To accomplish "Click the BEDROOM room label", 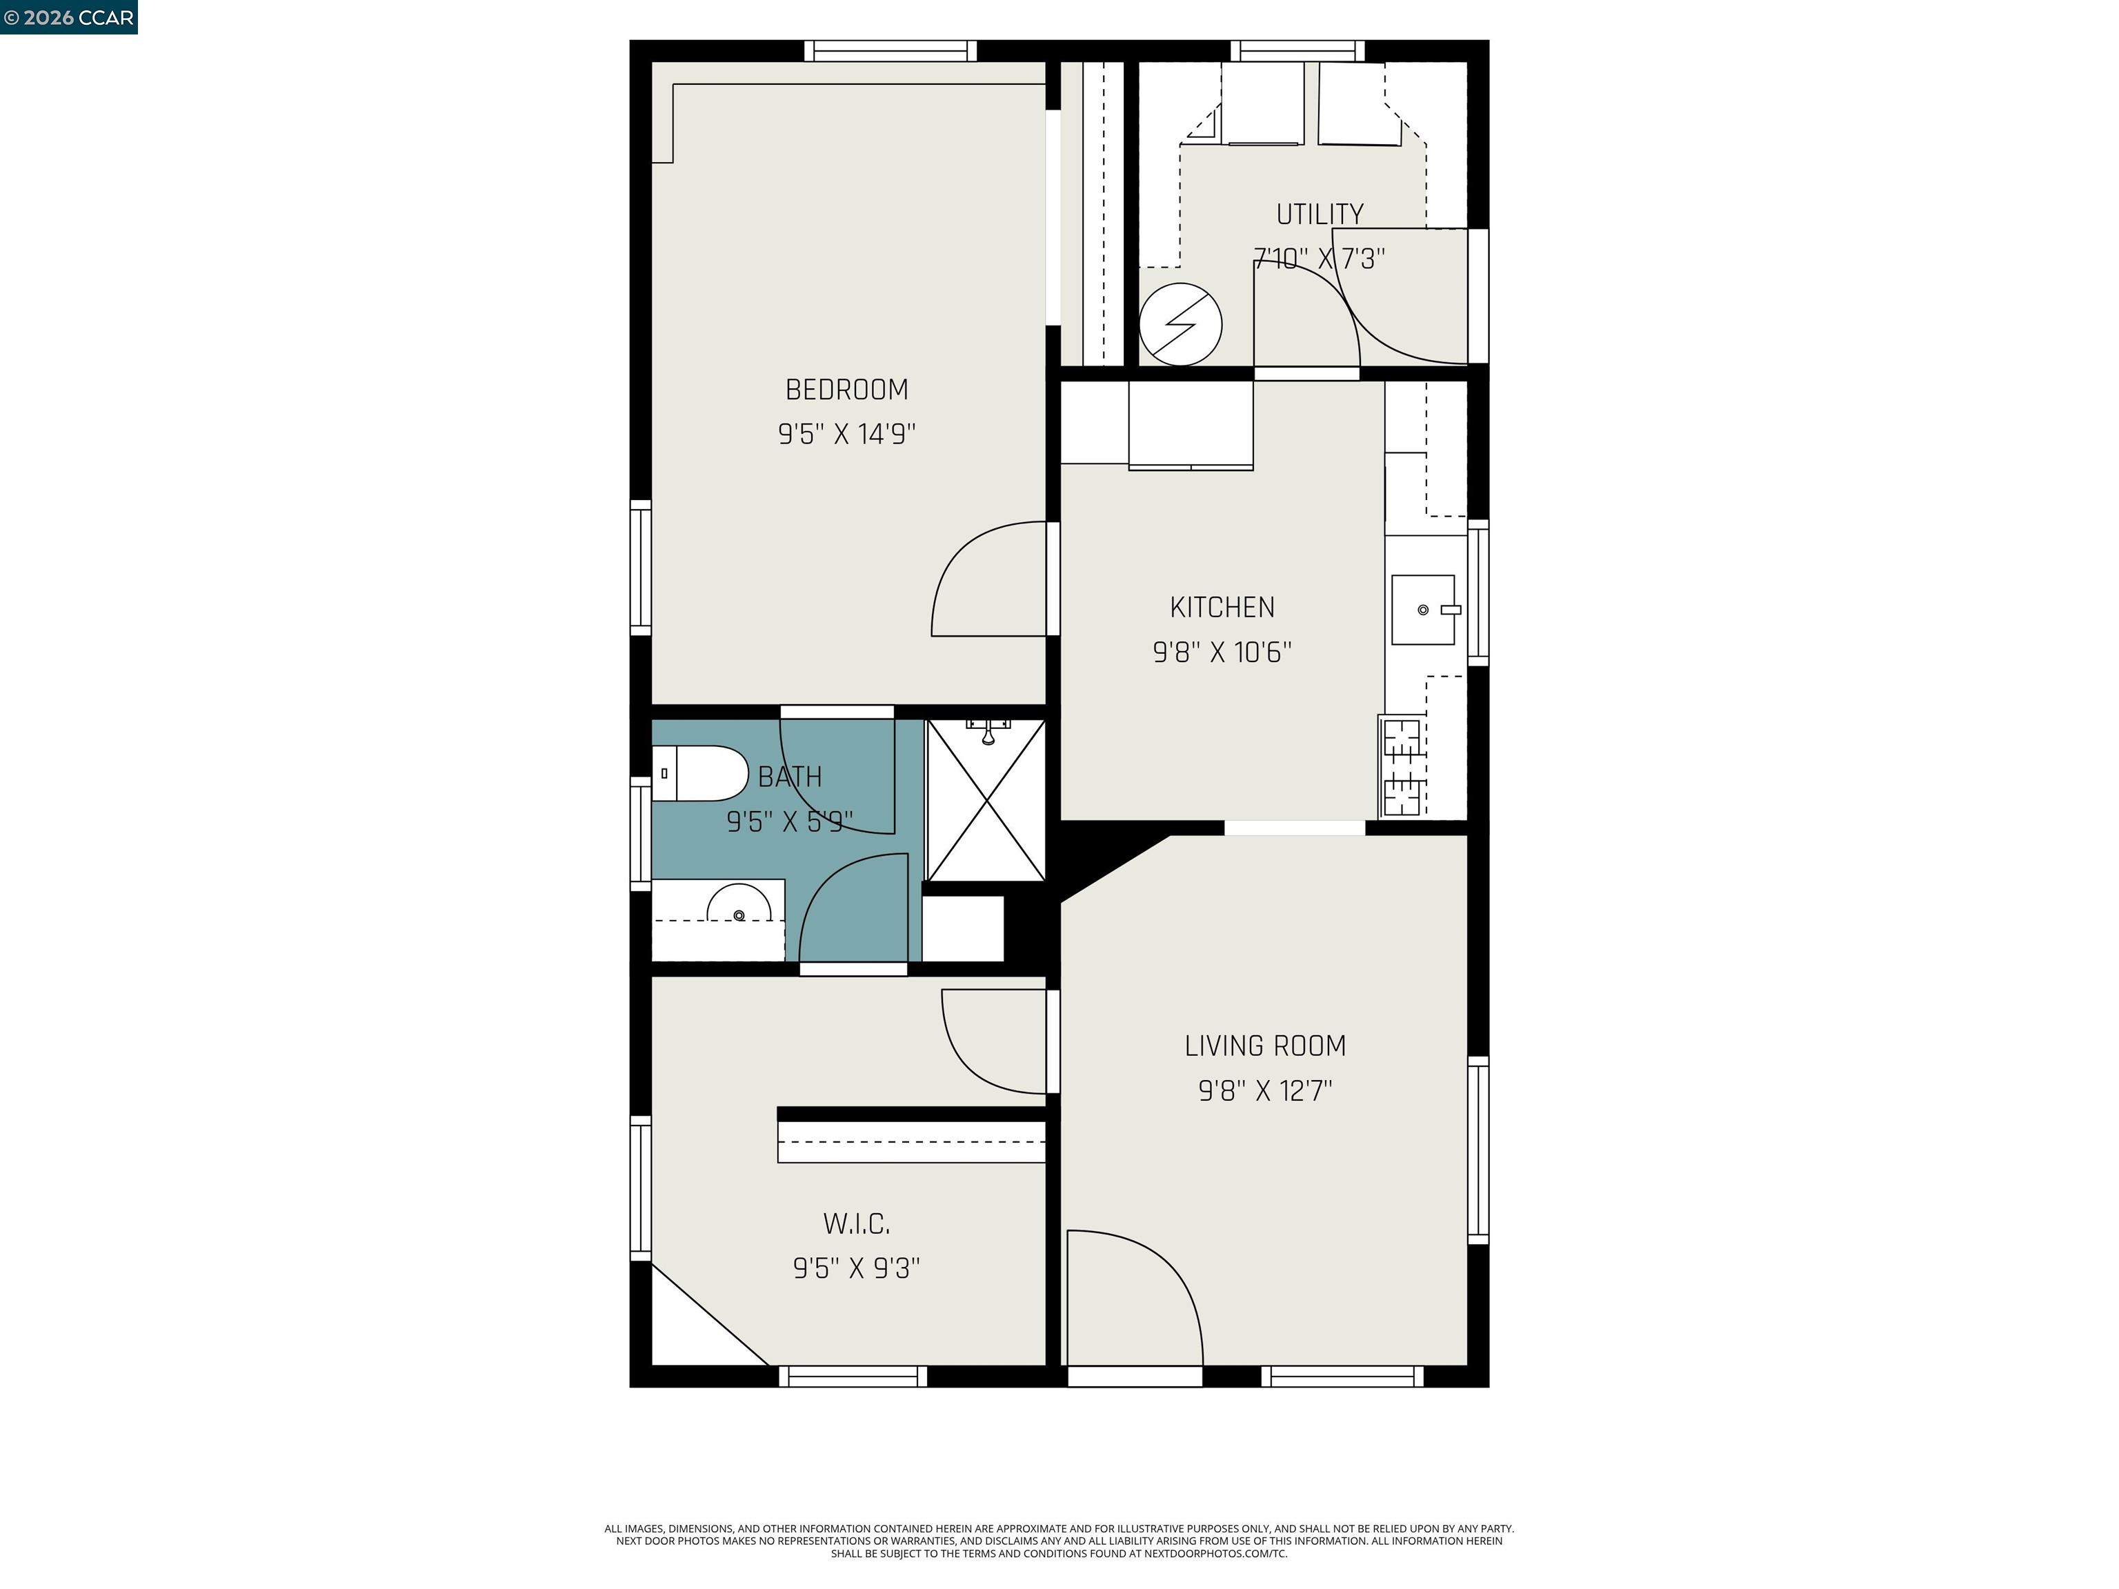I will pyautogui.click(x=846, y=390).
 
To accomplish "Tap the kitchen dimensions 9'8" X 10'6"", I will pyautogui.click(x=1222, y=652).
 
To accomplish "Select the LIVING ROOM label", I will pyautogui.click(x=1264, y=1046).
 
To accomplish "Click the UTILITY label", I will pyautogui.click(x=1319, y=214).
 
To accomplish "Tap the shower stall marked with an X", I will pyautogui.click(x=986, y=801).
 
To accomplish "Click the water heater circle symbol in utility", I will pyautogui.click(x=1180, y=323).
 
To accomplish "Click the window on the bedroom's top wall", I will pyautogui.click(x=890, y=51).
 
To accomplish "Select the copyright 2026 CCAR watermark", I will pyautogui.click(x=68, y=17).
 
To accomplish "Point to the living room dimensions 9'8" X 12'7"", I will pyautogui.click(x=1264, y=1091).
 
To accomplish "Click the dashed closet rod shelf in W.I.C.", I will pyautogui.click(x=910, y=1141).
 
